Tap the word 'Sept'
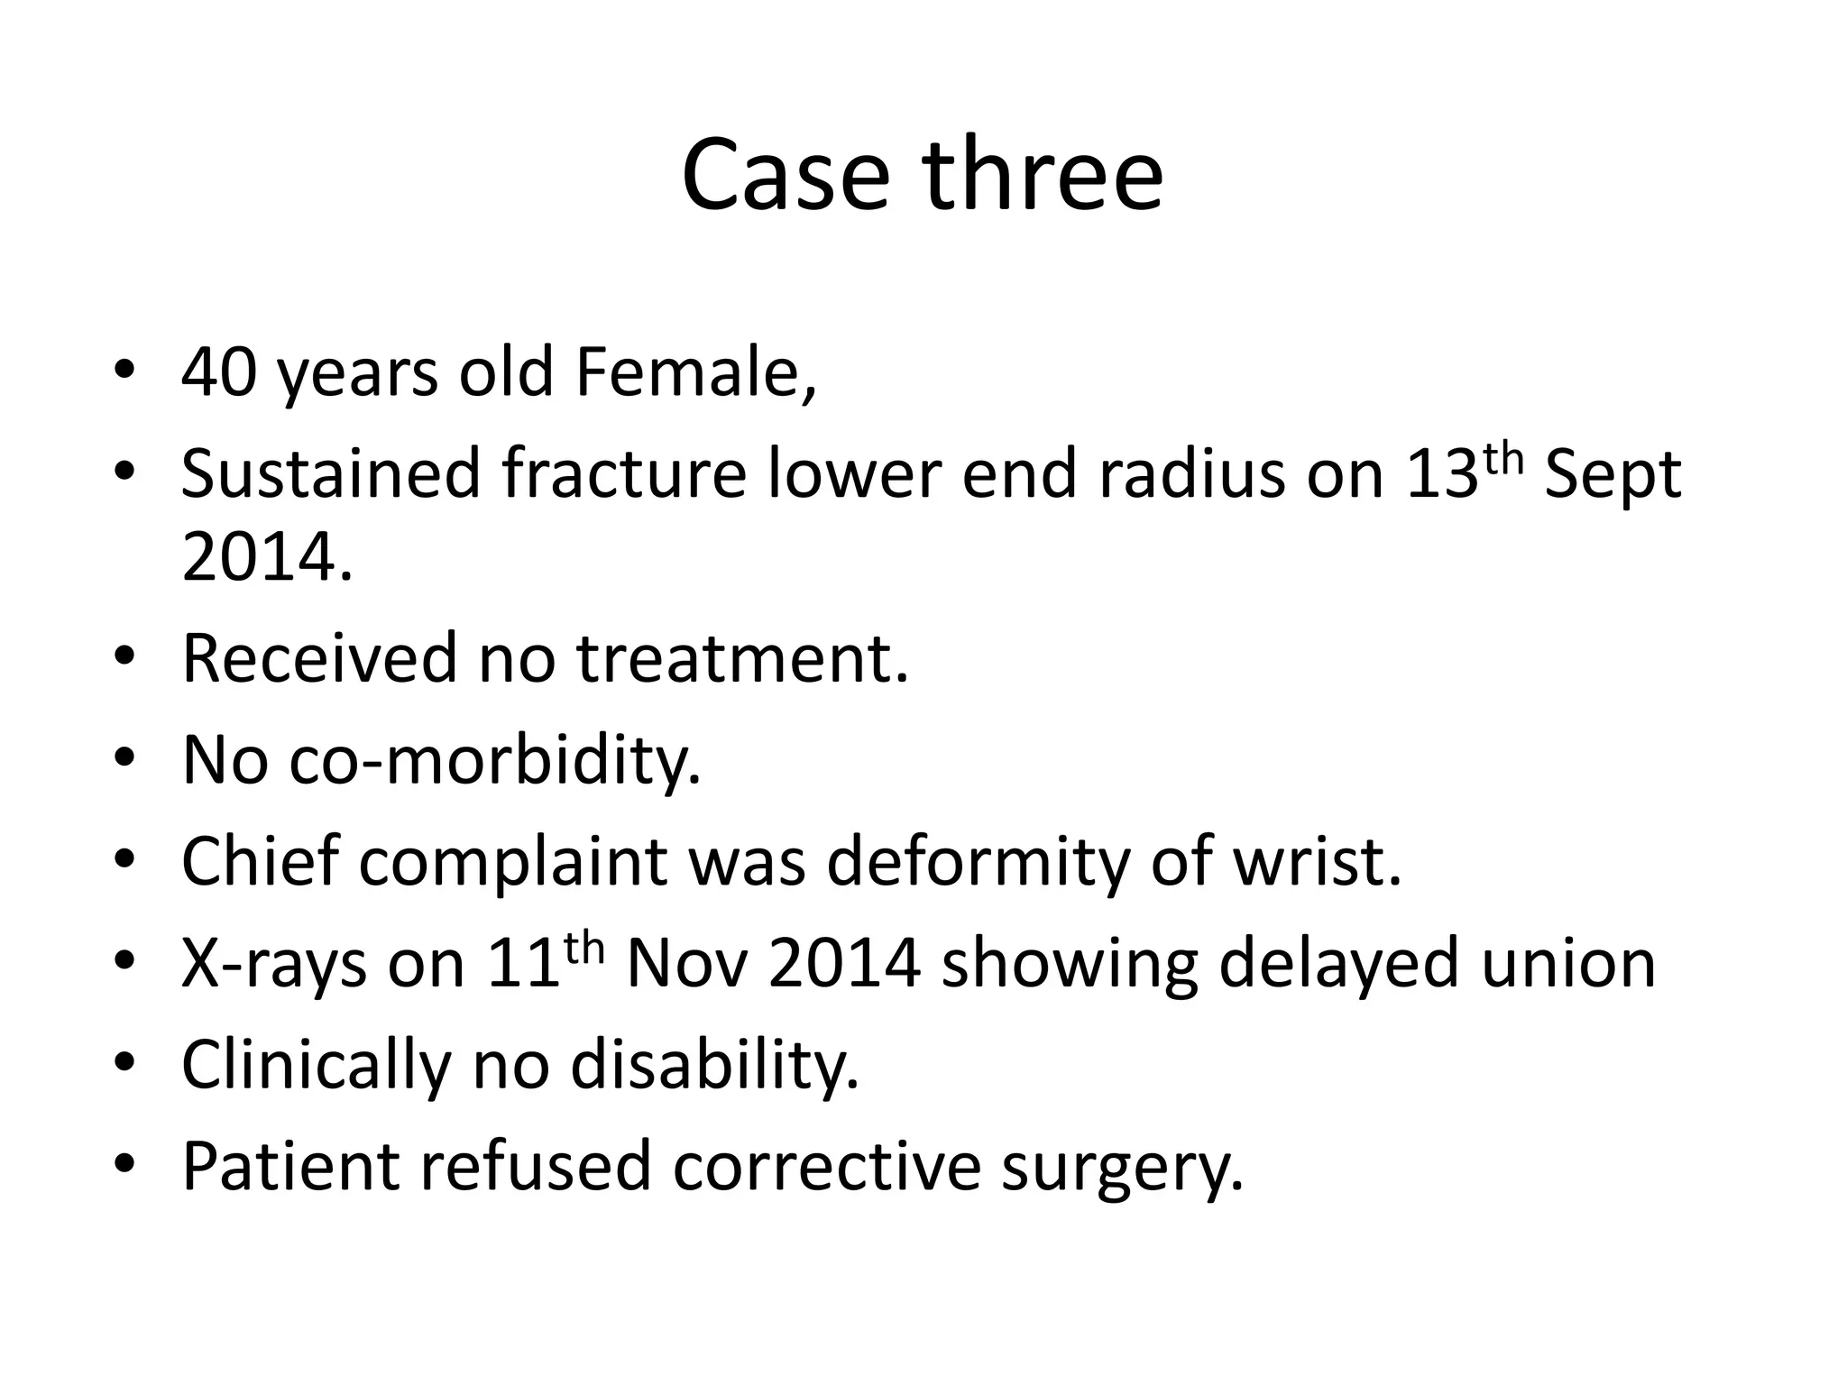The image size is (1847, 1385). (x=1613, y=475)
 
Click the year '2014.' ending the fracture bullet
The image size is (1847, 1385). (x=267, y=556)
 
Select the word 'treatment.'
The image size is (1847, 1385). (x=742, y=658)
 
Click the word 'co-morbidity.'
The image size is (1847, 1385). (x=494, y=760)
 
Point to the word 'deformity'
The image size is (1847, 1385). (x=978, y=861)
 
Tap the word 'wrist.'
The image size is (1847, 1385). (x=1317, y=861)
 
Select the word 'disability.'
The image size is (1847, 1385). (x=714, y=1064)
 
